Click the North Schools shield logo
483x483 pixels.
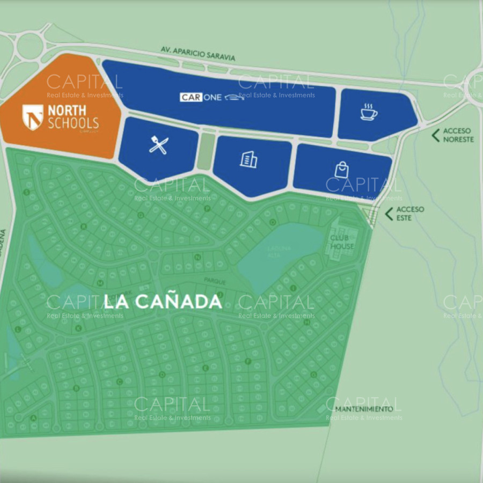click(x=33, y=117)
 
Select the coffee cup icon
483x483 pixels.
click(x=369, y=112)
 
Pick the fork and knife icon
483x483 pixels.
click(x=158, y=145)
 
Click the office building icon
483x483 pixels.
click(x=248, y=159)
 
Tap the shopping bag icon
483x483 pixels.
click(x=341, y=170)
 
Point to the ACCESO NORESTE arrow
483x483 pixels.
click(x=435, y=135)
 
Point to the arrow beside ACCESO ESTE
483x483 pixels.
click(x=389, y=214)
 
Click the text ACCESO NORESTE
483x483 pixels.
click(x=458, y=135)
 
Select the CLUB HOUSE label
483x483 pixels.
click(x=342, y=242)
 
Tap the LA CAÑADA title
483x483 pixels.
click(x=163, y=302)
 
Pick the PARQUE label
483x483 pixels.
click(x=215, y=281)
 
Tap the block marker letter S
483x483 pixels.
click(x=26, y=192)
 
